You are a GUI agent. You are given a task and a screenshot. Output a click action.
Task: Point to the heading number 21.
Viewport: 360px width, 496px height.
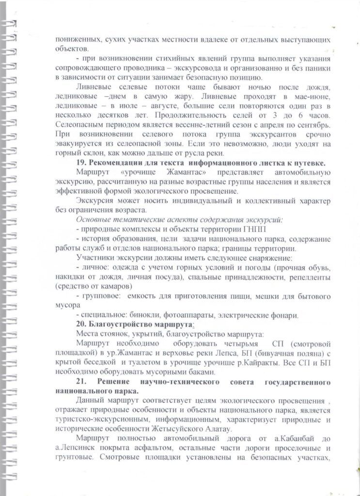coord(83,382)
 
